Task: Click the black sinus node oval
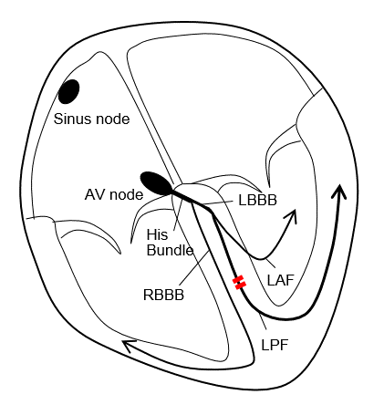(68, 91)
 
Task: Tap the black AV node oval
(154, 182)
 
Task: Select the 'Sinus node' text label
(91, 119)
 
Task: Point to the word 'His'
(157, 234)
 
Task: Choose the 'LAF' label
(281, 279)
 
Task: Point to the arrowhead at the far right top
(339, 191)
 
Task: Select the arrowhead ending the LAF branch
(293, 216)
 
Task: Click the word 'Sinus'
(72, 119)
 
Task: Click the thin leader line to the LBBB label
(219, 202)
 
